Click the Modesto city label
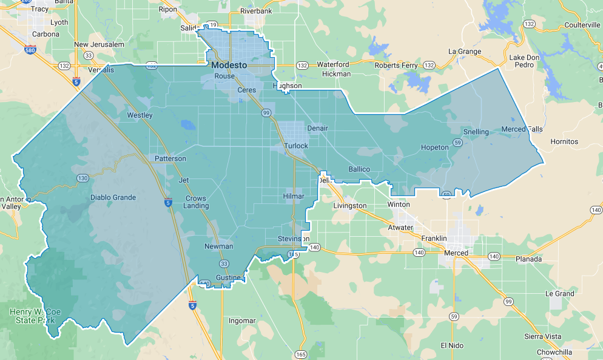tap(229, 65)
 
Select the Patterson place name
tap(170, 158)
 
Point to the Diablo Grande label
tap(113, 197)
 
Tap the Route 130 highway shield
tap(83, 178)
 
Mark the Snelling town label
tap(476, 132)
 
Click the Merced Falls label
tap(522, 129)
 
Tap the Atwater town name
tap(401, 228)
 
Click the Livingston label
tap(350, 206)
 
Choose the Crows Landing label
tap(196, 202)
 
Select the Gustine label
tap(228, 277)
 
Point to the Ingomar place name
tap(242, 320)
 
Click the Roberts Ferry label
tap(396, 65)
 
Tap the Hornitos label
tap(564, 141)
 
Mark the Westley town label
tap(140, 115)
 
